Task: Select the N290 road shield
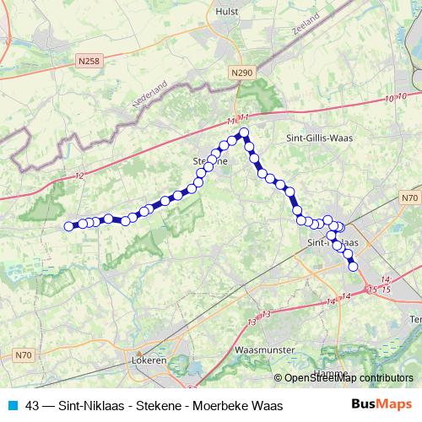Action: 241,74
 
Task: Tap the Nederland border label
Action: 150,95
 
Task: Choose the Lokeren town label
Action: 149,360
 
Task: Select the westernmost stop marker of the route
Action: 69,225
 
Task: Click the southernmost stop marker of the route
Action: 354,267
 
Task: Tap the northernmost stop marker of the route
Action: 244,133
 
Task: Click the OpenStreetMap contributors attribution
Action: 346,377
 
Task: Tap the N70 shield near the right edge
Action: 408,197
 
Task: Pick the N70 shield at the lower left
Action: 23,355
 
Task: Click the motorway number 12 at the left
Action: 79,176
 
